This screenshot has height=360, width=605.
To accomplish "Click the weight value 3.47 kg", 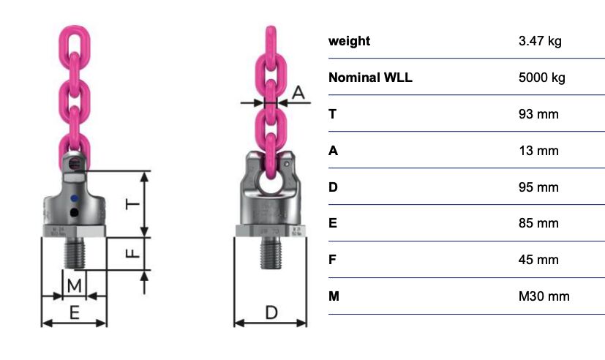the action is click(x=540, y=41).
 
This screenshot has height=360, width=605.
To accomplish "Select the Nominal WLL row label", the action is click(x=370, y=78).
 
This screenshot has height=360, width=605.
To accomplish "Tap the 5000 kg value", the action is click(x=542, y=78).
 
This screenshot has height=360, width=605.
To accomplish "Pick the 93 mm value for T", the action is click(x=538, y=114).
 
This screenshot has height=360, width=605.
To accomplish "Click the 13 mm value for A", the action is click(x=538, y=151).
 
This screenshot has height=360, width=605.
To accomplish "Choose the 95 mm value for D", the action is click(x=538, y=187).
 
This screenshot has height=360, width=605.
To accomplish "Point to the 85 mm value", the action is click(x=538, y=223).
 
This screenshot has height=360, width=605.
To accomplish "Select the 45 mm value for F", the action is click(x=538, y=260).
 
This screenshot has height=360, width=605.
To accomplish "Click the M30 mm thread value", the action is click(x=544, y=296).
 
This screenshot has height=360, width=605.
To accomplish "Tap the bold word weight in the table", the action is click(x=349, y=41).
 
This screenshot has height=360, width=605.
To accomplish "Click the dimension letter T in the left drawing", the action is click(x=132, y=204).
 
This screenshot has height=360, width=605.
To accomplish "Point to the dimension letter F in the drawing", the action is click(x=132, y=253).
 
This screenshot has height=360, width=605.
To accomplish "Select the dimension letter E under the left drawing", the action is click(x=75, y=312).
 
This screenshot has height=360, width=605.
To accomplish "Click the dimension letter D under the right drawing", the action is click(x=271, y=312).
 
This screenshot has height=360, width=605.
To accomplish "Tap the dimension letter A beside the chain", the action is click(x=298, y=93).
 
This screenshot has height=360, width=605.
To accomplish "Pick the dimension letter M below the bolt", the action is click(x=74, y=286).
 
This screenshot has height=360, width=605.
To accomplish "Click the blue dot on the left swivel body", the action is click(x=75, y=199).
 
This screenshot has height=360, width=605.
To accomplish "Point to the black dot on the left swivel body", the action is click(x=75, y=212).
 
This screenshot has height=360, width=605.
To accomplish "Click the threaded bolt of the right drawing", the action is click(x=271, y=252).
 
